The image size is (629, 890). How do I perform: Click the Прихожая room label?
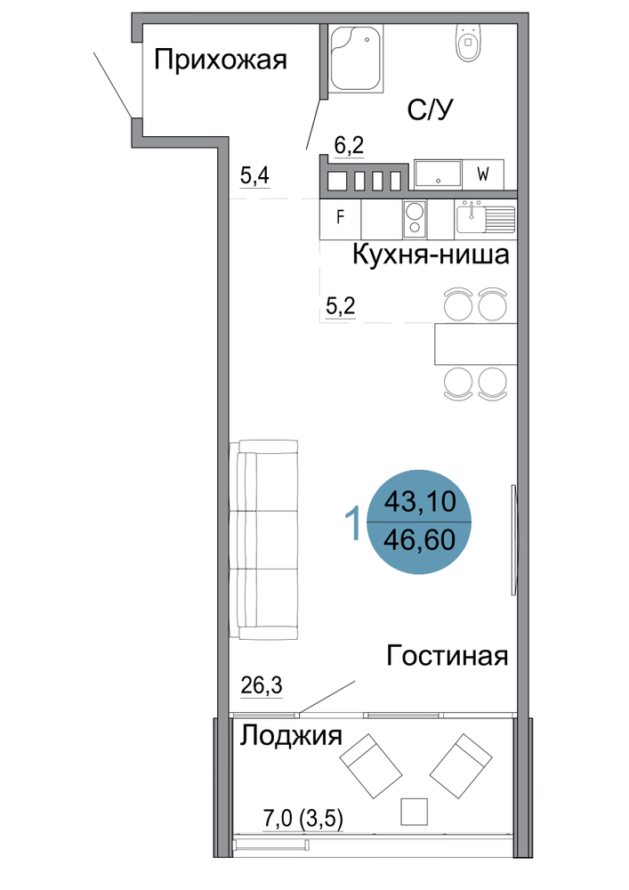220,61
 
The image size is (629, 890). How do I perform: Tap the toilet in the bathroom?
468,43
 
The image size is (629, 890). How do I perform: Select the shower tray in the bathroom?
356,59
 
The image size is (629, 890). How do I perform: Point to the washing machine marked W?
483,174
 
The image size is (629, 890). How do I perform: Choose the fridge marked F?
341,219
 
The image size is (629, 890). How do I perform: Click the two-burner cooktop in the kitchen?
415,219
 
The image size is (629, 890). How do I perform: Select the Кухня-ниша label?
431,255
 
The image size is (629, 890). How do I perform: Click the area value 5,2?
341,306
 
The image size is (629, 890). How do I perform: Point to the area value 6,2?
349,146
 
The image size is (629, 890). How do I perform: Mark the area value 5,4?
254,175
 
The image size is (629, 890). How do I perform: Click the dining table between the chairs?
475,344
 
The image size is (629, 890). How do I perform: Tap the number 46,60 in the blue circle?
419,540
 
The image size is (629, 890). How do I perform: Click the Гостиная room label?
447,656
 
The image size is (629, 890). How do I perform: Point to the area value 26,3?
262,685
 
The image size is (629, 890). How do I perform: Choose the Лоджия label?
291,736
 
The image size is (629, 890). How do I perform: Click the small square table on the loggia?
414,811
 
